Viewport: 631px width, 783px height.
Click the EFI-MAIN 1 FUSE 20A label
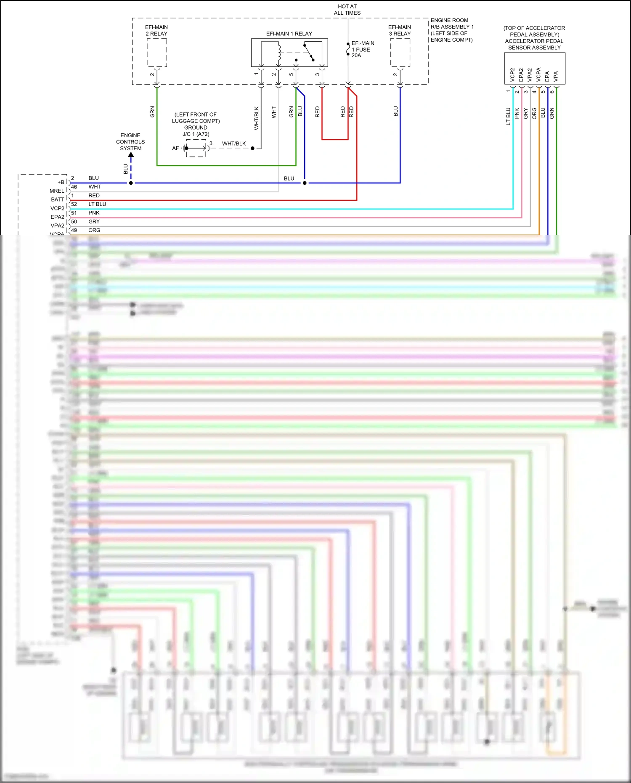click(x=362, y=49)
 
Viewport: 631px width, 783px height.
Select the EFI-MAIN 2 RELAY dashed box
click(x=157, y=53)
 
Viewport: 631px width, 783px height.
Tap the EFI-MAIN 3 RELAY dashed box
click(x=400, y=53)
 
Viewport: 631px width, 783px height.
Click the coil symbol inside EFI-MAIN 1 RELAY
click(x=278, y=52)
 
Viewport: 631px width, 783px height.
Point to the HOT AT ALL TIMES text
click(x=347, y=10)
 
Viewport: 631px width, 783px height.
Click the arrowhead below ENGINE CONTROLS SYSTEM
click(x=131, y=155)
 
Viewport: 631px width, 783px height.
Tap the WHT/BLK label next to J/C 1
click(x=234, y=143)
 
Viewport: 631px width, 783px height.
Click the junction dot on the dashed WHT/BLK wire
click(x=252, y=148)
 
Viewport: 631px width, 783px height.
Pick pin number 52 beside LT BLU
click(x=74, y=204)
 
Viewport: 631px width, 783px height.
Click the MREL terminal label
click(x=57, y=191)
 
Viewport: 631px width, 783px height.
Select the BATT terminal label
click(x=58, y=199)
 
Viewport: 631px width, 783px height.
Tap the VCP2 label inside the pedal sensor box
click(x=512, y=74)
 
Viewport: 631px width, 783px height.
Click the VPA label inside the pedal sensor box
click(x=556, y=76)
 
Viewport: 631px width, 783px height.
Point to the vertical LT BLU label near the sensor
click(x=508, y=116)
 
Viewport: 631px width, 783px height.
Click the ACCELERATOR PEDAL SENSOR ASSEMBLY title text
click(x=534, y=44)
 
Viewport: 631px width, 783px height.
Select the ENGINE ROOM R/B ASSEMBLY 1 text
click(x=452, y=24)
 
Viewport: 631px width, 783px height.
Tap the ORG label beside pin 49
click(x=94, y=230)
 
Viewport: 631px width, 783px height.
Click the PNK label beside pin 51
click(x=94, y=213)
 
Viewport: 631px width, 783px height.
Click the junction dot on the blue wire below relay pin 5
click(x=305, y=183)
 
